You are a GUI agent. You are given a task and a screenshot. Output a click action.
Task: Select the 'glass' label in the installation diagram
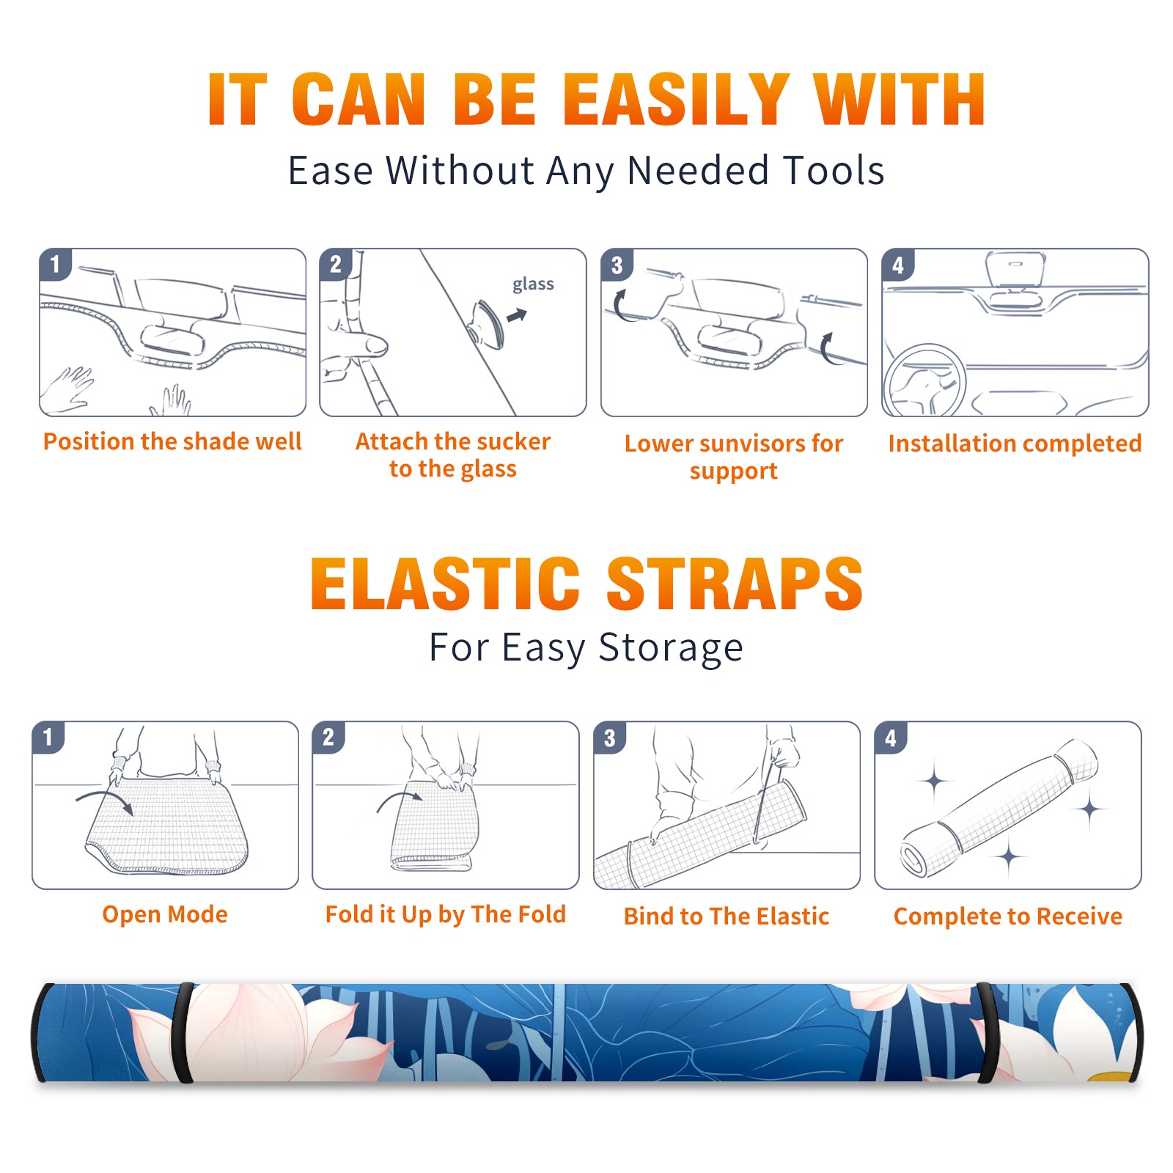[533, 284]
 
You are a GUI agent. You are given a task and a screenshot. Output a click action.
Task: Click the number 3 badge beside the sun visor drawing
[617, 265]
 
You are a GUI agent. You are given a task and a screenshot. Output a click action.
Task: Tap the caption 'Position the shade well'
[172, 441]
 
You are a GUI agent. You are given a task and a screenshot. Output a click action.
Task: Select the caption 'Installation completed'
[1015, 444]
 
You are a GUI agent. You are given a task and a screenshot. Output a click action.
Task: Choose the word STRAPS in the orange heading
[735, 584]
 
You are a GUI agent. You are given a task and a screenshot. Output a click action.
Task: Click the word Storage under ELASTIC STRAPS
[671, 648]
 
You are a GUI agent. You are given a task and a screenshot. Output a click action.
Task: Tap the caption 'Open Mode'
[165, 914]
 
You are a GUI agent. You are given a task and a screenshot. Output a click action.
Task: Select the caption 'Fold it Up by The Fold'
[446, 914]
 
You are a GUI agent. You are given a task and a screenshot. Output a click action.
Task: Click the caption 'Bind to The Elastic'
[727, 916]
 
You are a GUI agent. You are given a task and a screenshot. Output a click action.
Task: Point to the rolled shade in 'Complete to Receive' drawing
[999, 809]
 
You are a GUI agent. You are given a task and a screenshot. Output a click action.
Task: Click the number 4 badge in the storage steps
[891, 738]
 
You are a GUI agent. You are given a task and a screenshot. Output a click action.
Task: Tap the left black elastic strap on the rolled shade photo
[183, 1033]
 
